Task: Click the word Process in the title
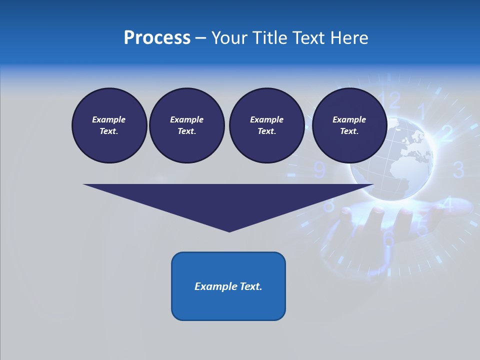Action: [x=157, y=38]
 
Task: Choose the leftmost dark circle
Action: [x=109, y=125]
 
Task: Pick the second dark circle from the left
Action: [x=186, y=125]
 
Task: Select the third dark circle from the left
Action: [x=266, y=125]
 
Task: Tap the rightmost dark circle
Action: [x=349, y=125]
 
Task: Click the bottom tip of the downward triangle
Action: [x=229, y=230]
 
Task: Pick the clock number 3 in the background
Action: [x=458, y=170]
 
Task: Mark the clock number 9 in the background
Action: [x=319, y=170]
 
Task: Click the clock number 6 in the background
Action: [x=388, y=239]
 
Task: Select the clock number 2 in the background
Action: [x=446, y=133]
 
